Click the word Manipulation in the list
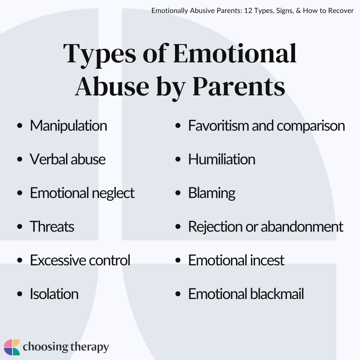[68, 126]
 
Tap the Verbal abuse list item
[68, 160]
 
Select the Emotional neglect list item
[82, 193]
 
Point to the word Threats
[52, 227]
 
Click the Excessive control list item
[80, 261]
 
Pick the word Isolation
[54, 294]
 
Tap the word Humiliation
[222, 160]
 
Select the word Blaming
[212, 193]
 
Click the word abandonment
[302, 227]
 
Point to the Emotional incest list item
[236, 261]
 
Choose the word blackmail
[276, 294]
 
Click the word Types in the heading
[100, 54]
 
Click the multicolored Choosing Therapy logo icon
[12, 347]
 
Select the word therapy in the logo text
[89, 348]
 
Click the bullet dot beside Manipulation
[20, 126]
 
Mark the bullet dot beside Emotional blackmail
[178, 295]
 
